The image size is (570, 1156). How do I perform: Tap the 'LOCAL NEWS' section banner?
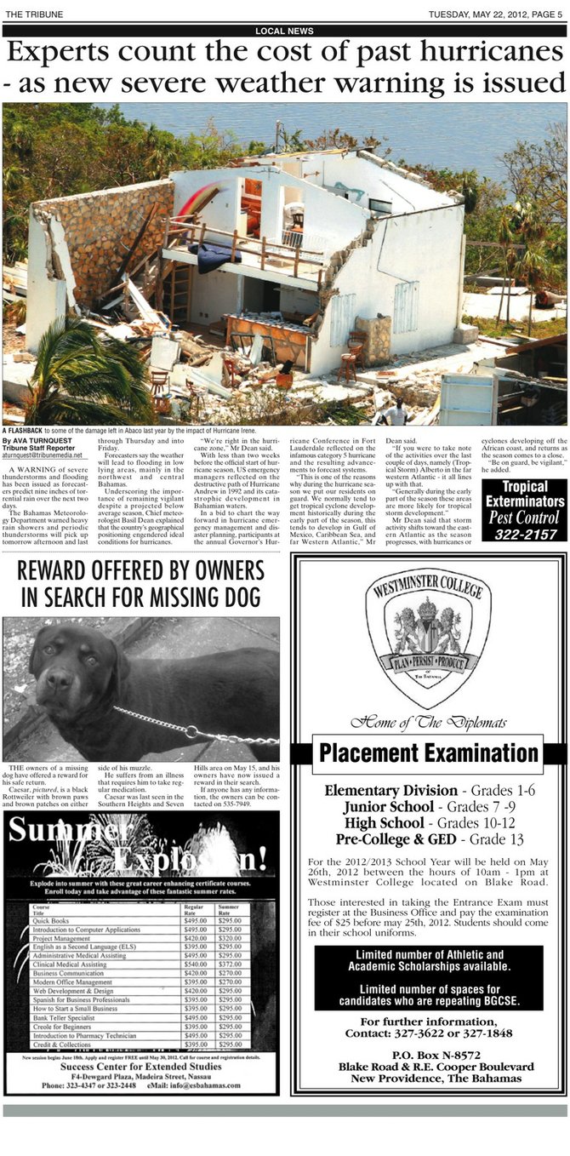(284, 31)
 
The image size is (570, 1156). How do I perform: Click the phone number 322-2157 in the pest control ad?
(523, 535)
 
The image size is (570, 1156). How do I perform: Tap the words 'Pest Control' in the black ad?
(523, 517)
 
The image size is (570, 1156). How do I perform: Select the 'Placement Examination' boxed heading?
(428, 753)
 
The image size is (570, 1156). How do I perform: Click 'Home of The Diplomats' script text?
(428, 723)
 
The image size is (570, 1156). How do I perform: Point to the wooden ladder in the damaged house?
(179, 293)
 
